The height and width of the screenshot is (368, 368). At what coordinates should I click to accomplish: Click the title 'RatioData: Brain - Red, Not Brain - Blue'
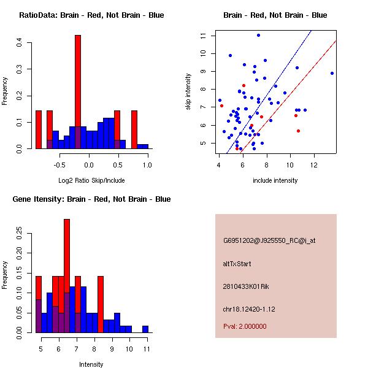coord(91,15)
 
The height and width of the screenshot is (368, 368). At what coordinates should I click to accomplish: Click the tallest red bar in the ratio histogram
coord(78,92)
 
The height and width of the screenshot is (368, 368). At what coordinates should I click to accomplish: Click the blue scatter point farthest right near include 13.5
coord(332,73)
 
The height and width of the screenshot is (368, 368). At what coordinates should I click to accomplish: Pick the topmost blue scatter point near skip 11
coord(258,36)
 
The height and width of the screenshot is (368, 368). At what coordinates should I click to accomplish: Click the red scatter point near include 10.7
coord(298,131)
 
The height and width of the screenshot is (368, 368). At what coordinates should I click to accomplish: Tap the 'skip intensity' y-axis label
coord(190,92)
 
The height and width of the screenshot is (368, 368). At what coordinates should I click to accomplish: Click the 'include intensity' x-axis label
coord(275,180)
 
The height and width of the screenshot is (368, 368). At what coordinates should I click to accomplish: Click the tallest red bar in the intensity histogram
coord(67,276)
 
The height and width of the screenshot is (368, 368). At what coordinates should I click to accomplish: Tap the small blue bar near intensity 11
coord(145,329)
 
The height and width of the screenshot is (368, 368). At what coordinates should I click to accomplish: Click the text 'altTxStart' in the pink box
coord(237,264)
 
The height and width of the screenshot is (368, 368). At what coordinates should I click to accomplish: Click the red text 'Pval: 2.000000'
coord(245,326)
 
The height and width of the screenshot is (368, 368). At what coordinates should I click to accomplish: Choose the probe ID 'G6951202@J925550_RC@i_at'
coord(269,241)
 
